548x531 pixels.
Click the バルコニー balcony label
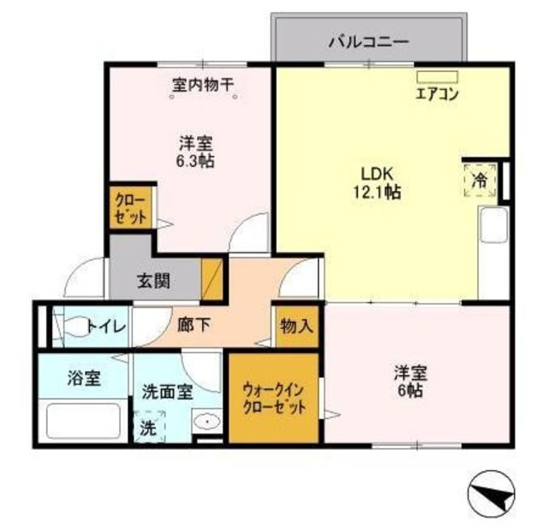click(x=368, y=39)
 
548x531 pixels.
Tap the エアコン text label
click(x=437, y=94)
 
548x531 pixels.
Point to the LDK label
click(x=381, y=173)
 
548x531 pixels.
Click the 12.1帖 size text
click(x=381, y=193)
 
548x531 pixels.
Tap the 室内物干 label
click(x=204, y=85)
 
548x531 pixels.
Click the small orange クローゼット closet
click(x=130, y=206)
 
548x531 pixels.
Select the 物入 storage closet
click(x=296, y=326)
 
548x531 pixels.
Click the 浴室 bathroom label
click(x=85, y=379)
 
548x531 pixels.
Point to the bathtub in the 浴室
click(x=83, y=421)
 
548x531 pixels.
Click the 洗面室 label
click(x=166, y=395)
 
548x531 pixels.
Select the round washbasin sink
click(x=205, y=421)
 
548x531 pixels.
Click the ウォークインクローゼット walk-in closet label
click(x=273, y=398)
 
